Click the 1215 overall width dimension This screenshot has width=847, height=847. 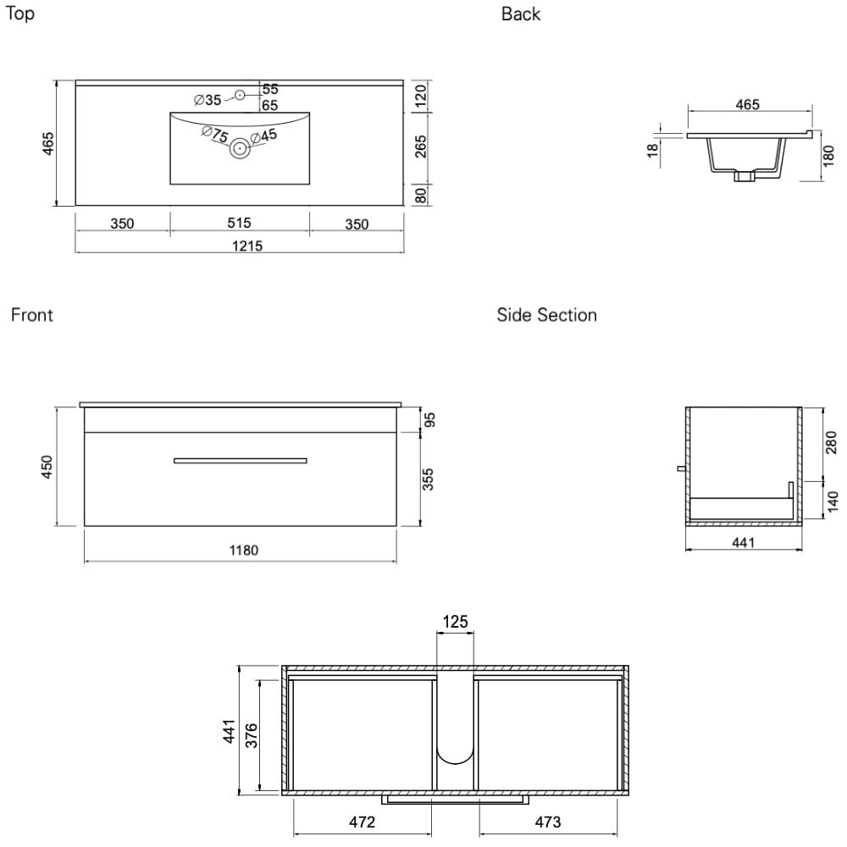pos(247,246)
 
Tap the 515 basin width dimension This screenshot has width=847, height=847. pos(240,223)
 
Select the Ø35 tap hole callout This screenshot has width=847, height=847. pos(208,100)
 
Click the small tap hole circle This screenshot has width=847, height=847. pos(240,95)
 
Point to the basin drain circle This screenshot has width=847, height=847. pos(240,147)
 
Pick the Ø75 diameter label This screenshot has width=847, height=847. pos(215,134)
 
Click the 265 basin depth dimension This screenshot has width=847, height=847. pos(420,147)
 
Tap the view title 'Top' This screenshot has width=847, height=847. pos(20,14)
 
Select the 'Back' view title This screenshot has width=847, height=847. pos(521,14)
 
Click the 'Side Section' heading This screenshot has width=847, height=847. pos(546,315)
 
